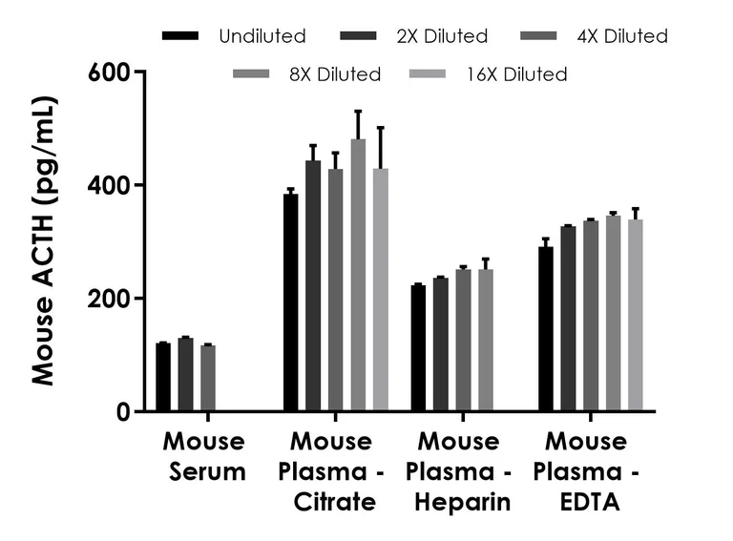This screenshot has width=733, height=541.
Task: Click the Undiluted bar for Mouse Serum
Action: [163, 377]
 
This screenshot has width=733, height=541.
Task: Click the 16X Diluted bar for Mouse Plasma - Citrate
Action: [381, 290]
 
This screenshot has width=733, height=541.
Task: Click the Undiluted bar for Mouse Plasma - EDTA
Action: [545, 329]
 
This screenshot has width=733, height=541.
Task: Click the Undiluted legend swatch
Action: [181, 36]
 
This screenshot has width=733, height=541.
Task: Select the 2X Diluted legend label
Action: [442, 36]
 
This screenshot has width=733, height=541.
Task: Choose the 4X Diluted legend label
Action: [621, 36]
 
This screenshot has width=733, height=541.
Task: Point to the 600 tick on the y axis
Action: [139, 72]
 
